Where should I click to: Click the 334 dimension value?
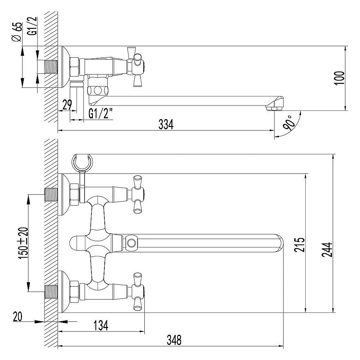click(166, 125)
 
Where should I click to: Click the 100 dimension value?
click(339, 78)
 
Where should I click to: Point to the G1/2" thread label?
click(100, 114)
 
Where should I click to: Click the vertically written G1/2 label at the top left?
click(33, 28)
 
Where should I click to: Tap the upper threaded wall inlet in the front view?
click(50, 194)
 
